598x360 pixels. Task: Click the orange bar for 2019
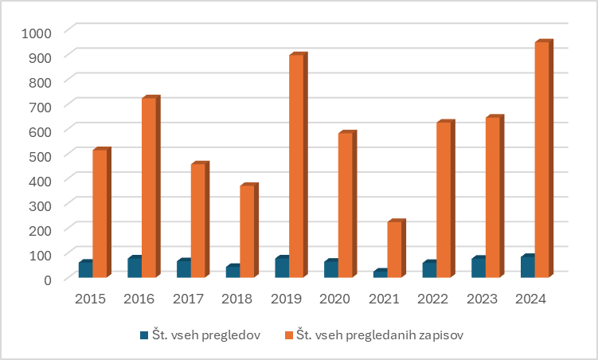tap(296, 166)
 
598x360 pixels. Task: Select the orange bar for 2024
tap(541, 159)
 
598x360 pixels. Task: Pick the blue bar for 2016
tap(135, 268)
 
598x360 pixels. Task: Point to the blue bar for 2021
tap(380, 274)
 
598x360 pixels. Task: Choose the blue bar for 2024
tap(527, 267)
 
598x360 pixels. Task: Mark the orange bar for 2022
tap(444, 200)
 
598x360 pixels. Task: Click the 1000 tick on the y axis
tap(37, 32)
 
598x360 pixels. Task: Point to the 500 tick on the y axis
tap(41, 155)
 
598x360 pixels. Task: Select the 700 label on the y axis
tap(41, 106)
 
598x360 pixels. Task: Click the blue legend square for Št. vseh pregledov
tap(144, 335)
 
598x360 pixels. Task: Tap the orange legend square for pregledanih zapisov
tap(289, 335)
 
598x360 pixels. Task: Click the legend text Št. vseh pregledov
tap(206, 335)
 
